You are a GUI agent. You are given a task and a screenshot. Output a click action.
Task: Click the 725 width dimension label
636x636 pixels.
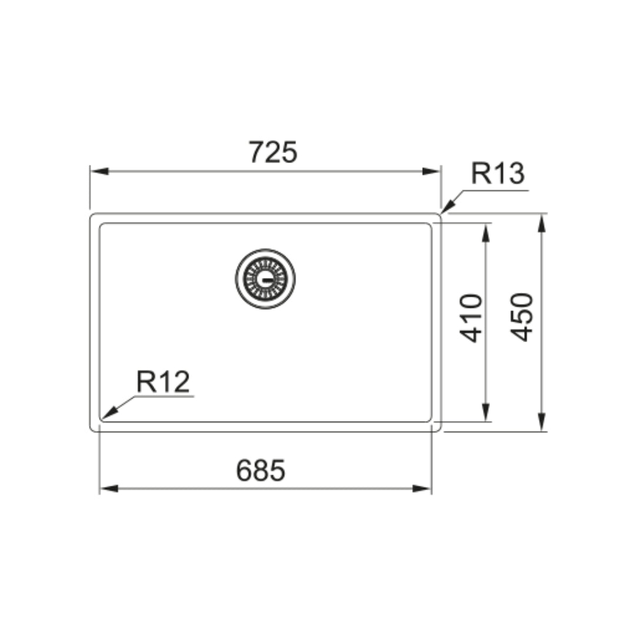[273, 152]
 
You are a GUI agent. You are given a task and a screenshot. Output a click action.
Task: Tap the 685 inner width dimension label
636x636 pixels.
[261, 470]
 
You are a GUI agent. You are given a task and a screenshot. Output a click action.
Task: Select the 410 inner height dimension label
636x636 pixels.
[471, 319]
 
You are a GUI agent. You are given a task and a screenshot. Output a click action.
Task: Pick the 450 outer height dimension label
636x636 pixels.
[522, 317]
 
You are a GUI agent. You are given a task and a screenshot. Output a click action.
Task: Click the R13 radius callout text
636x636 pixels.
[498, 173]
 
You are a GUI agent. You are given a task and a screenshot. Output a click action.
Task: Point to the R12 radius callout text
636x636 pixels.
[163, 382]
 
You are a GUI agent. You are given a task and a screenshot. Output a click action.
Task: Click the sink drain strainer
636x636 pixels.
[265, 279]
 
